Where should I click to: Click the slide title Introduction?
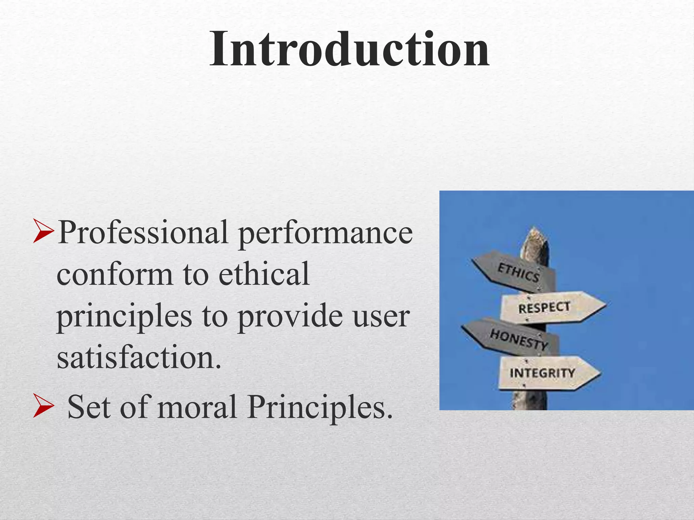tap(349, 49)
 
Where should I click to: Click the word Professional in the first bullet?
tap(143, 232)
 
